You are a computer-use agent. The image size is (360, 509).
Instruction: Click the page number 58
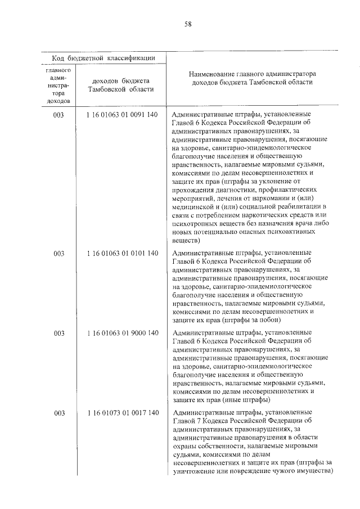(188, 24)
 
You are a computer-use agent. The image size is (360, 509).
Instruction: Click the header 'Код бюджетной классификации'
(104, 58)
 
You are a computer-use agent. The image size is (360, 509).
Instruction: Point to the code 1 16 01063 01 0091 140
(123, 114)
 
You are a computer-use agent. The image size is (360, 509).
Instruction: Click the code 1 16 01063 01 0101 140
(123, 253)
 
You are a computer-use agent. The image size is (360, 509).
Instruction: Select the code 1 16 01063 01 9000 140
(123, 333)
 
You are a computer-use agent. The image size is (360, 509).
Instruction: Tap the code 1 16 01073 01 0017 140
(123, 413)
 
